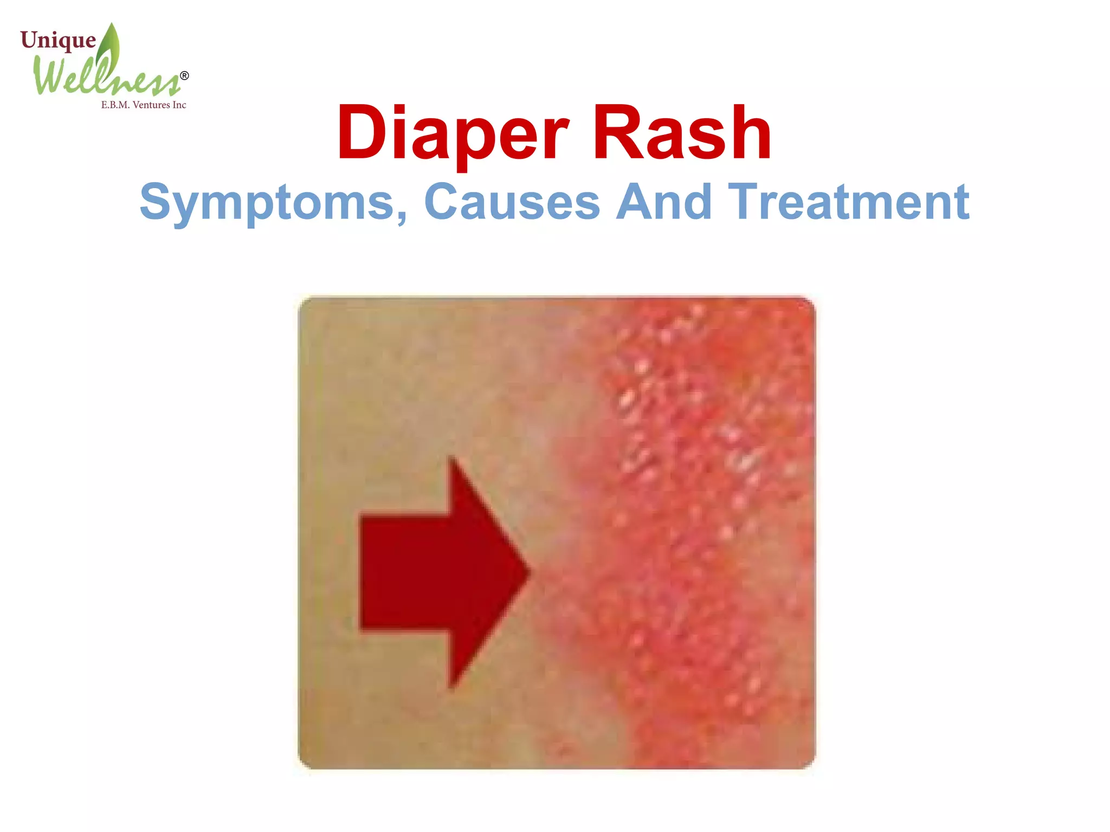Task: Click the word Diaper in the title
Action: pyautogui.click(x=453, y=133)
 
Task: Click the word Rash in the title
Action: pyautogui.click(x=682, y=133)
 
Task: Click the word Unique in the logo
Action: pyautogui.click(x=58, y=41)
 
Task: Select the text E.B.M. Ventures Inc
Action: pyautogui.click(x=144, y=105)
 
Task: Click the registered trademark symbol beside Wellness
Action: pyautogui.click(x=184, y=76)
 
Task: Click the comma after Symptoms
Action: pyautogui.click(x=401, y=217)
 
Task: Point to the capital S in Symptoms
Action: pyautogui.click(x=156, y=202)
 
